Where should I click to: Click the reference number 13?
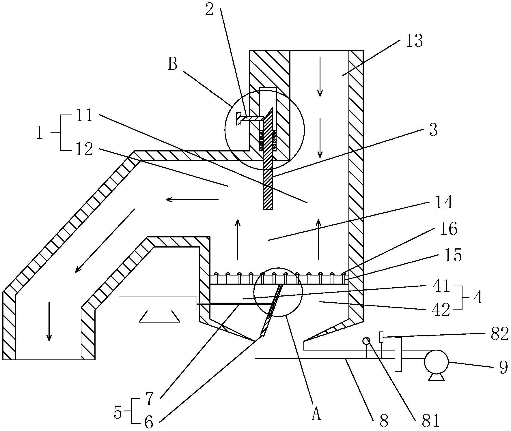point(414,41)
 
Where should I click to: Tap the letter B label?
point(173,64)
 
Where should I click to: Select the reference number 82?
point(499,334)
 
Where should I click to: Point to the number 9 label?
point(503,368)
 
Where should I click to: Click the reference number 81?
point(430,420)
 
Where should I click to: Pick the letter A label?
point(316,415)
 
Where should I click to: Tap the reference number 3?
point(433,130)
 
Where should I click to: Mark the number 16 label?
point(449,229)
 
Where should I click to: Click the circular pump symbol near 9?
point(436,362)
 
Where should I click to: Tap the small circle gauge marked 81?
point(366,341)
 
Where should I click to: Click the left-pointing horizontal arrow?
point(192,199)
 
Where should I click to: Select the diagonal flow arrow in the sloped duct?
point(105,241)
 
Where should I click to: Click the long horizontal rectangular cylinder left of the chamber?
point(158,304)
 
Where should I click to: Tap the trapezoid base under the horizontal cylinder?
point(159,316)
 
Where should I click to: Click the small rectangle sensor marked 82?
point(381,337)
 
